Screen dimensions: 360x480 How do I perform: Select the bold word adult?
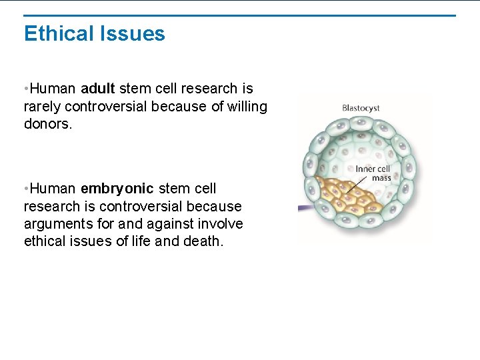98,89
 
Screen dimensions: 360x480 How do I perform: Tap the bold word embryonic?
117,189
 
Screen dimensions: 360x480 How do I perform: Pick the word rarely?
42,106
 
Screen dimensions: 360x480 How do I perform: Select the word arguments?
56,224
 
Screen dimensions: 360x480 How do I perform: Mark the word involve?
221,224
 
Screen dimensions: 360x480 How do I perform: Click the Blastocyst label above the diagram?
361,108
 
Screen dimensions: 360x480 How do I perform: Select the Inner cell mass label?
373,173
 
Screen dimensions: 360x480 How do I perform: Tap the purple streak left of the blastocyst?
305,208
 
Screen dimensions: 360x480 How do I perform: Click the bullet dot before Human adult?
25,89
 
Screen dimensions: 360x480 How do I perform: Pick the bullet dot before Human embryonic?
25,189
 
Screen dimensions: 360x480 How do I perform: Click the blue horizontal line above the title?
240,15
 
